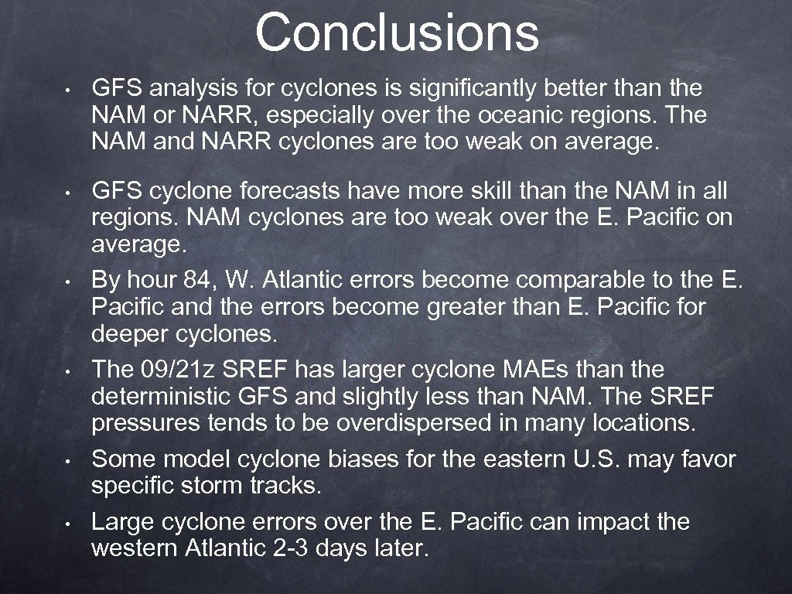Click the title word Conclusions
coord(397,32)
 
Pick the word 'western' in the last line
coord(135,548)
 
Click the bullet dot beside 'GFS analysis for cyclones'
coord(70,89)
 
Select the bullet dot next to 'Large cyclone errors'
coord(70,523)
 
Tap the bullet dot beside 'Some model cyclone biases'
coord(70,461)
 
